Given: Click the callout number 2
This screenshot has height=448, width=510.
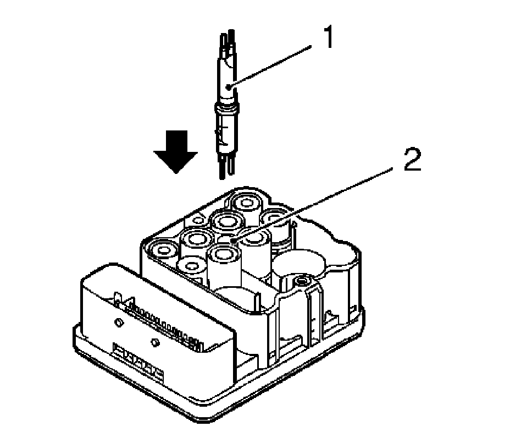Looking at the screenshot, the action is click(x=412, y=162).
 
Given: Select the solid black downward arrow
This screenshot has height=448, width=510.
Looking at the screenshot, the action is click(x=175, y=150).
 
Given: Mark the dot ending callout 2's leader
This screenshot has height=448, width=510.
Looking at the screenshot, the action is click(x=234, y=241).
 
